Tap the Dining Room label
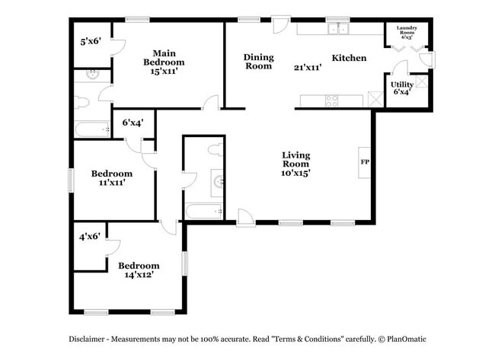(x=258, y=62)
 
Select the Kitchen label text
(x=349, y=58)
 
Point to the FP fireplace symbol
(x=365, y=162)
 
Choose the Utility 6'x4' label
(x=401, y=88)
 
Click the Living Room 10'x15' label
(x=295, y=164)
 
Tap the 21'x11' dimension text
(x=308, y=67)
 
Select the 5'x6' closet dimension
(x=90, y=43)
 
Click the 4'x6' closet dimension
(x=91, y=237)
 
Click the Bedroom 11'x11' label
(x=112, y=177)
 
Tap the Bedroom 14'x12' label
(x=139, y=269)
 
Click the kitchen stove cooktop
(x=333, y=99)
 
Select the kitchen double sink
(x=335, y=29)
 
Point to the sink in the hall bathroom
(x=219, y=181)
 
